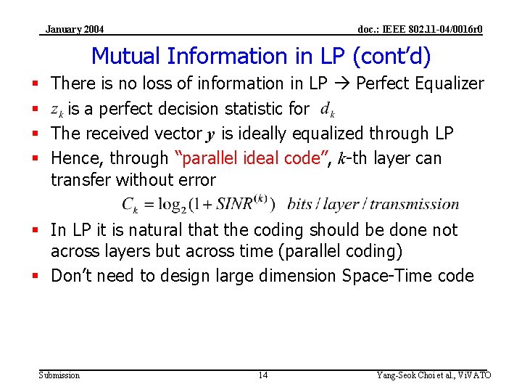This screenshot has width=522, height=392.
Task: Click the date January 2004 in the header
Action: [74, 29]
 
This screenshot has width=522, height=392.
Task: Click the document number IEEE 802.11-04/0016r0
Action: [420, 29]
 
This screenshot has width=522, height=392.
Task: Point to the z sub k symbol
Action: [57, 110]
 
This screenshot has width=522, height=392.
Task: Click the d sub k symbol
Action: [328, 110]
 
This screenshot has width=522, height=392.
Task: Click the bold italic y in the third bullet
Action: [211, 134]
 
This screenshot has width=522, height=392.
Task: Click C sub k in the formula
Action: [130, 205]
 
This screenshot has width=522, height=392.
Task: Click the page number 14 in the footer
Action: [262, 375]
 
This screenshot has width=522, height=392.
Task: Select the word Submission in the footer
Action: [59, 375]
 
